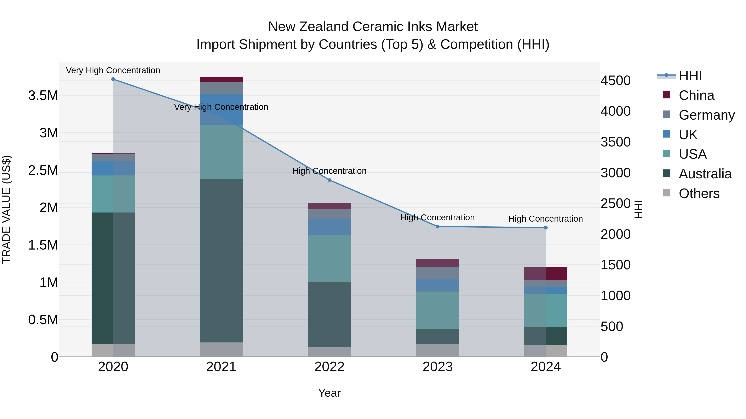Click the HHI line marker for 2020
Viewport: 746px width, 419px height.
point(113,79)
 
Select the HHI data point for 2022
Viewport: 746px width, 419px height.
point(329,180)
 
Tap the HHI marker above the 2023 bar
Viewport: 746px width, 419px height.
point(438,227)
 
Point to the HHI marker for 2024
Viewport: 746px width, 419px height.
point(546,228)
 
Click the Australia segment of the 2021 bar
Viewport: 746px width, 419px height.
point(221,260)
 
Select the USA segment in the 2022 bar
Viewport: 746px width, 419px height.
point(329,258)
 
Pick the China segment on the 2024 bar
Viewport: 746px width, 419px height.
point(546,274)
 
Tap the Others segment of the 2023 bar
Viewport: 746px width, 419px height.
point(438,350)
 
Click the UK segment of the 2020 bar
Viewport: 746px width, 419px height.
point(113,168)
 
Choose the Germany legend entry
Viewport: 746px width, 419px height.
point(706,115)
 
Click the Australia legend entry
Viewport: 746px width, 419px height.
point(705,174)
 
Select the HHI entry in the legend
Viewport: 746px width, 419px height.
point(690,76)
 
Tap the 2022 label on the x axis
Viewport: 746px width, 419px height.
point(329,367)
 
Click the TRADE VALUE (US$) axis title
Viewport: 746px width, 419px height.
point(7,209)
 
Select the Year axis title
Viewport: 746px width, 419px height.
point(329,393)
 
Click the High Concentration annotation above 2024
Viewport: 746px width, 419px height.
point(546,219)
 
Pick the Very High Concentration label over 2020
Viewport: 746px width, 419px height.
point(113,70)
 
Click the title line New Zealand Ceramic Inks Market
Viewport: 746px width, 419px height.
point(373,27)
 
